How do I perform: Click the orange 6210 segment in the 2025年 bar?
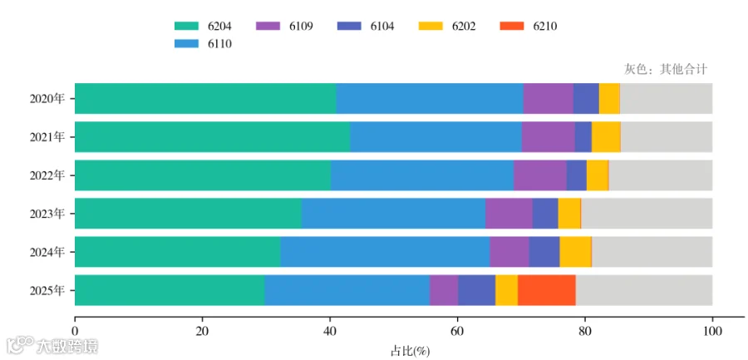coord(547,290)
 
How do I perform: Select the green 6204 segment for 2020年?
coord(205,98)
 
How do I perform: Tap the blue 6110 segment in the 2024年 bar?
coord(385,252)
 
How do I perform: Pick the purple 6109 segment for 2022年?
coord(540,175)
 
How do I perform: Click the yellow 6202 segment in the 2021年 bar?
coord(606,136)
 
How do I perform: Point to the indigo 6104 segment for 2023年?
coord(545,214)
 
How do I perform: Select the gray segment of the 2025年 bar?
coord(644,290)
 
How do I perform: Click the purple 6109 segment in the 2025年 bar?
coord(444,290)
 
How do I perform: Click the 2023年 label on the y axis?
coord(47,214)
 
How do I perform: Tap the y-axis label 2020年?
coord(47,99)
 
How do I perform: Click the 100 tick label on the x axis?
coord(713,331)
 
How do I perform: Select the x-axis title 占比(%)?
coord(411,352)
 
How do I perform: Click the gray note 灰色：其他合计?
coord(666,69)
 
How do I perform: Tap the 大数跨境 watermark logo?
coord(52,346)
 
